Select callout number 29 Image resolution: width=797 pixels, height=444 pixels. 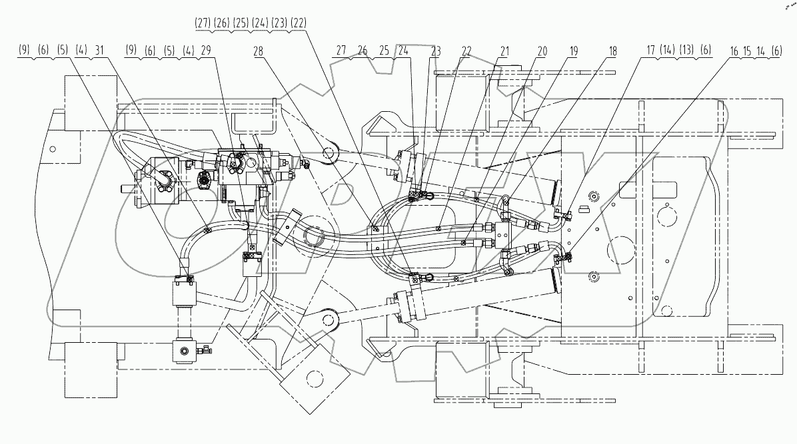(205, 51)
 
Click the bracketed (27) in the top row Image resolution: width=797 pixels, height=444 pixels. (203, 22)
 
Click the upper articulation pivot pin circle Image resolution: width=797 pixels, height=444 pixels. (329, 154)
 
